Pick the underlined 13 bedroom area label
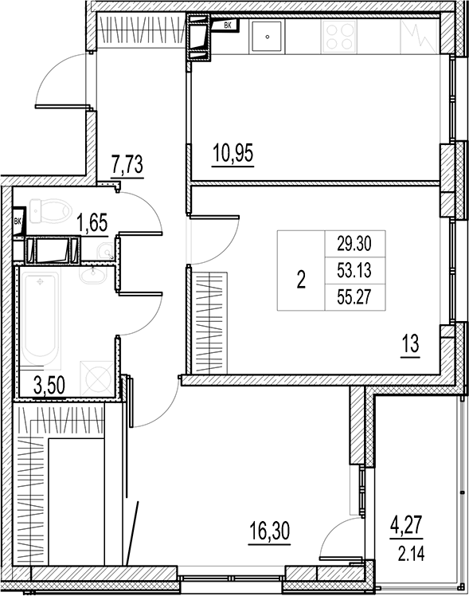click(410, 346)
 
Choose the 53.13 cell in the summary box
click(350, 271)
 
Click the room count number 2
click(300, 280)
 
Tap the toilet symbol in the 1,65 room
click(49, 211)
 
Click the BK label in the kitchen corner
click(229, 26)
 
